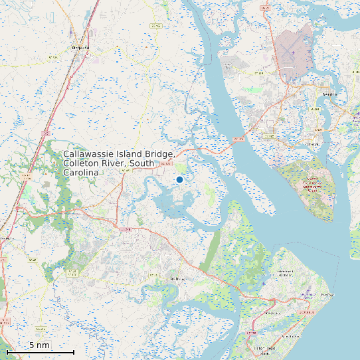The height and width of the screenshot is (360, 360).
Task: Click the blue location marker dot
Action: coord(179,179)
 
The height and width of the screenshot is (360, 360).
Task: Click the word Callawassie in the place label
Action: coord(92,155)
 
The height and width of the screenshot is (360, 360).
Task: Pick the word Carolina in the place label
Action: coord(81,173)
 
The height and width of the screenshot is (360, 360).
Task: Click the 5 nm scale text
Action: coord(39,345)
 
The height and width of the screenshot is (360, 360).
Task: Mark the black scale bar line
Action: coord(40,351)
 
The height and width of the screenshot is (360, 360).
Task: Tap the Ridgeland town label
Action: coord(80,48)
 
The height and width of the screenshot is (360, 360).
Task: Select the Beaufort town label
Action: coord(330,94)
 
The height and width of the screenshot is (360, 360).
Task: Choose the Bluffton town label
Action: coord(177,279)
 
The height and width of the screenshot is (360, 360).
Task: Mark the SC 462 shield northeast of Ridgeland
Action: coord(157,25)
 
